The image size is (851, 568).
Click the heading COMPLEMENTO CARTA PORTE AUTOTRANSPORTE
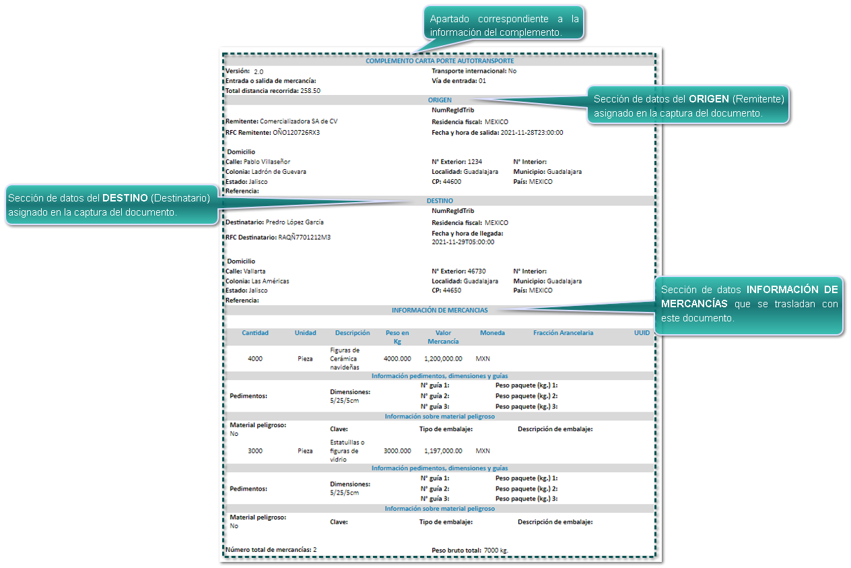pos(440,61)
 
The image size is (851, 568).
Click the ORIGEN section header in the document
pos(440,100)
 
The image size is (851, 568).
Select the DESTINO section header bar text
pos(440,201)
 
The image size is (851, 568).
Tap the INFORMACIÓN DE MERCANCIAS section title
pos(440,311)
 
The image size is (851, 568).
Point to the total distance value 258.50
pos(310,90)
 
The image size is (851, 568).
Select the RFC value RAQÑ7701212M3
pos(304,237)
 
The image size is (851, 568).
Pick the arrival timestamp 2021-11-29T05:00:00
pos(463,242)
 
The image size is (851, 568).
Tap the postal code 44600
pos(452,182)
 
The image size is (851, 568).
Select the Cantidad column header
pos(255,333)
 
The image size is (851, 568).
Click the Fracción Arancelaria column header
pos(563,333)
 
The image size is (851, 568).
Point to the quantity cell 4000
pos(255,359)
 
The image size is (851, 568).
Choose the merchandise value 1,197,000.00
pos(443,451)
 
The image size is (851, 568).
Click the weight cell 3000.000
pos(397,451)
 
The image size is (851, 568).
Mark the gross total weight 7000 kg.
pos(496,550)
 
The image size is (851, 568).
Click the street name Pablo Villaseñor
pos(276,162)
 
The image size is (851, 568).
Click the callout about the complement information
pos(504,25)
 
